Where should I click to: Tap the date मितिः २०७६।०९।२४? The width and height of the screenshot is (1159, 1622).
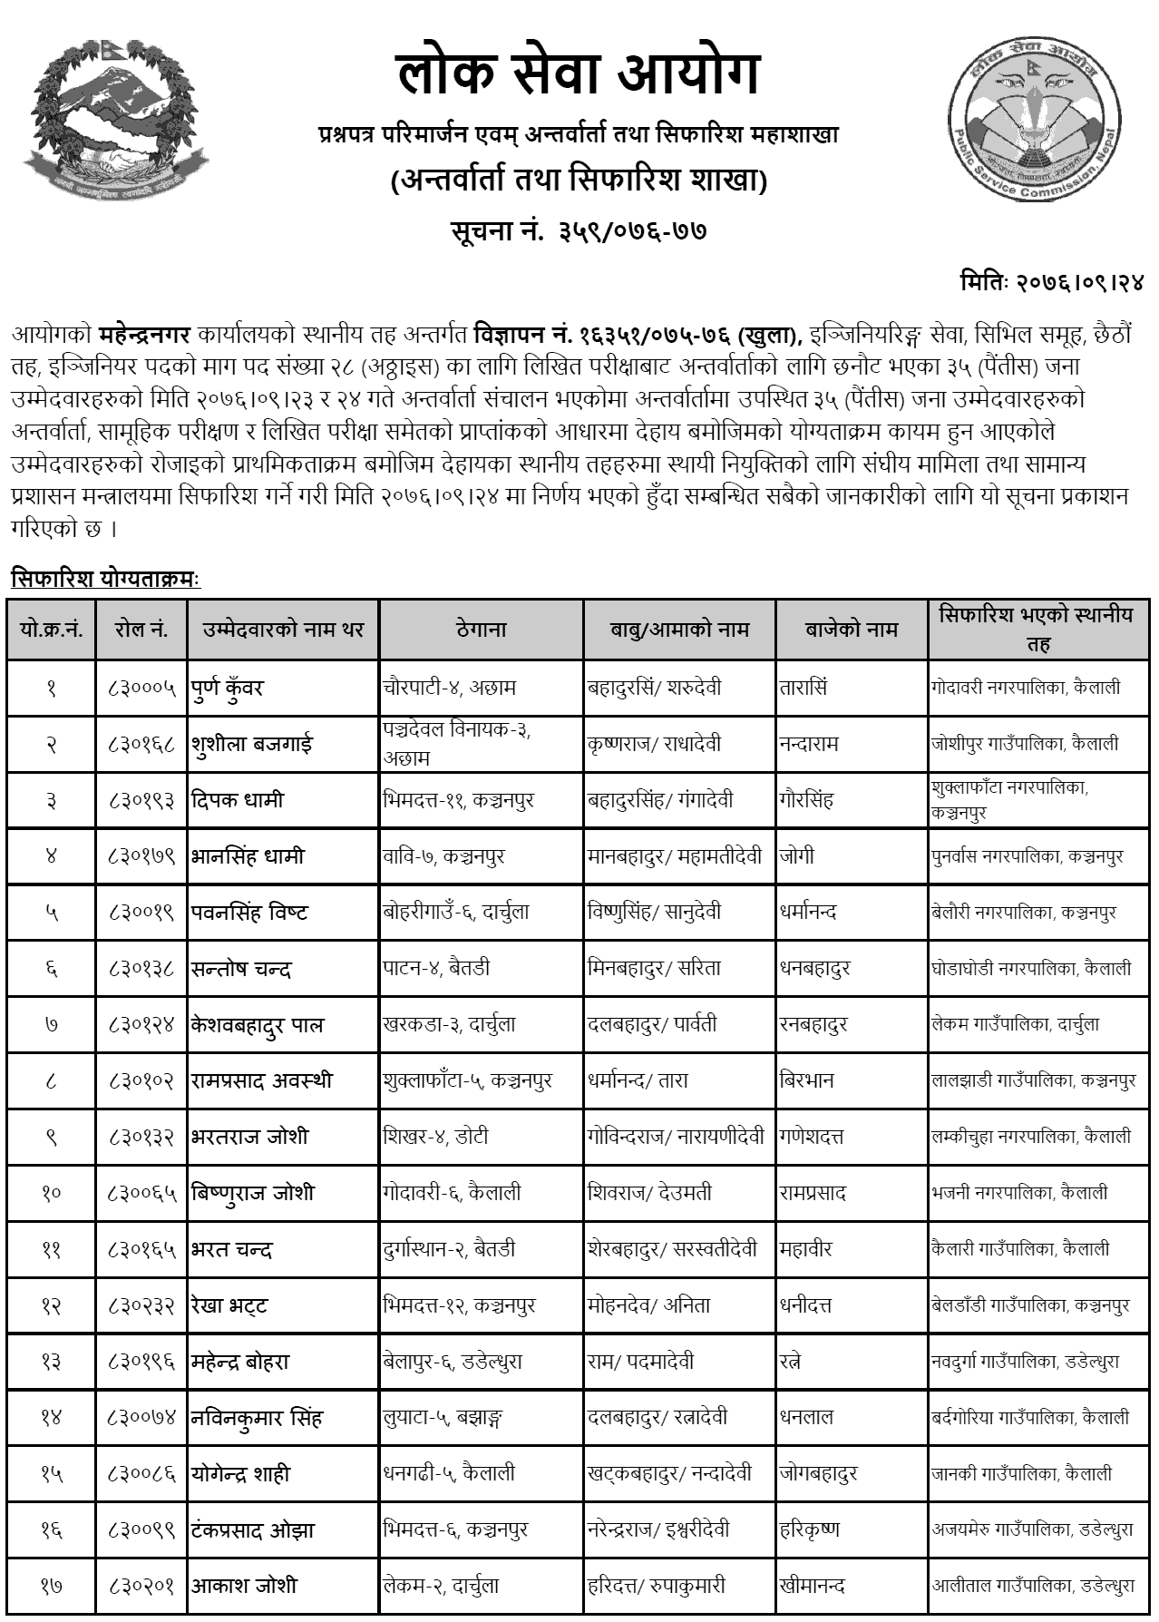coord(1051,282)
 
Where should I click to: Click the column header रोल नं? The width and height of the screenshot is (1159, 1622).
coord(141,629)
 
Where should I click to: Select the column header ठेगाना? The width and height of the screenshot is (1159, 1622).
coord(481,629)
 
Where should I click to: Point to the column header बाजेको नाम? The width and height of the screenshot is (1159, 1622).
coord(851,629)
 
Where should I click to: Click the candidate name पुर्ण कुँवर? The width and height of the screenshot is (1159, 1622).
coord(228,688)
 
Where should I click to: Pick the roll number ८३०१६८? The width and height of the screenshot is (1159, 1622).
coord(141,744)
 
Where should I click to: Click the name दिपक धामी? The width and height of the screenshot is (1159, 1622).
coord(238,800)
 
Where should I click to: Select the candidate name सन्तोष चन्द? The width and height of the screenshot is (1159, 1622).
coord(241,969)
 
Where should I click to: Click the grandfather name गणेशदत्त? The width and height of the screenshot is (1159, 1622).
coord(815,1137)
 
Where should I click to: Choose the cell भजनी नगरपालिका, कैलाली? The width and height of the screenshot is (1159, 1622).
coord(1019,1193)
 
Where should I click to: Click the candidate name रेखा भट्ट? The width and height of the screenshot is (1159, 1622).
coord(229,1305)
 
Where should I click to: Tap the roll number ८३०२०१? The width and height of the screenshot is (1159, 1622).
coord(141,1587)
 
